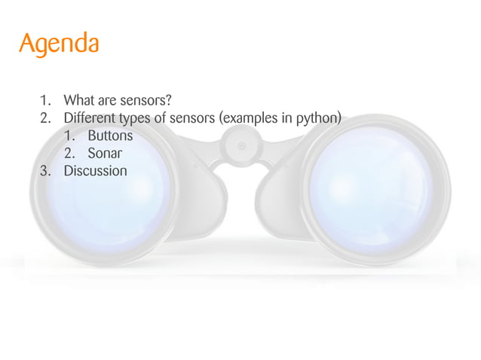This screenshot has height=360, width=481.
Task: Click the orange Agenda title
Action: tap(59, 43)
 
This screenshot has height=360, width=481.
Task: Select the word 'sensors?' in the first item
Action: tap(153, 100)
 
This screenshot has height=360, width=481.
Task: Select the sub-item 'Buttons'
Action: tap(110, 136)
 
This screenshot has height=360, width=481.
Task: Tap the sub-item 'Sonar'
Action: tap(105, 154)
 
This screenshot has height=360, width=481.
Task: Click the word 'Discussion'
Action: tap(96, 171)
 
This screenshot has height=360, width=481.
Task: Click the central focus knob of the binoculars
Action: tap(240, 145)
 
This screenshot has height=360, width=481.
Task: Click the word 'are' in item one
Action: tap(110, 101)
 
